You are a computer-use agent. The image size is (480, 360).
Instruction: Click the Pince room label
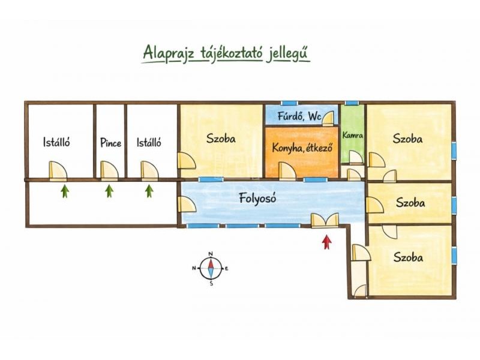point(110,143)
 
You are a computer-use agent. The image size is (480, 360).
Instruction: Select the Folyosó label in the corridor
point(257,199)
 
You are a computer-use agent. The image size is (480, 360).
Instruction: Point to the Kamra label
point(353,135)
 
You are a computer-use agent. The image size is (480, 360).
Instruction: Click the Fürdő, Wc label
point(299,116)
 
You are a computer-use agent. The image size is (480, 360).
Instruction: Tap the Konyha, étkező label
point(302,148)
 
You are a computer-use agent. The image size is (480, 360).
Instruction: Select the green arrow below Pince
point(109,191)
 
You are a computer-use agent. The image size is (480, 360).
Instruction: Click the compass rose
point(211,268)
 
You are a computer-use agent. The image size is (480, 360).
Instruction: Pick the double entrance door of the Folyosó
point(325,220)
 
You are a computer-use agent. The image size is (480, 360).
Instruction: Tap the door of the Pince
point(109,170)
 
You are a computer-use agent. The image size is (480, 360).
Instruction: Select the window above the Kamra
point(352,103)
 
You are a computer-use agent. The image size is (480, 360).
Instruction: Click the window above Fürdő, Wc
point(290,103)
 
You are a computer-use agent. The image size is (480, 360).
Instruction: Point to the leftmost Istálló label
point(56,142)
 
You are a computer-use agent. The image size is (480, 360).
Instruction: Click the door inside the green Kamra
point(356,158)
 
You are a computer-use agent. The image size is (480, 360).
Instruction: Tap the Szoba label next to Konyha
point(221,139)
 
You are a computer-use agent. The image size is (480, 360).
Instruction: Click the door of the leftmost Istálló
point(58,170)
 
